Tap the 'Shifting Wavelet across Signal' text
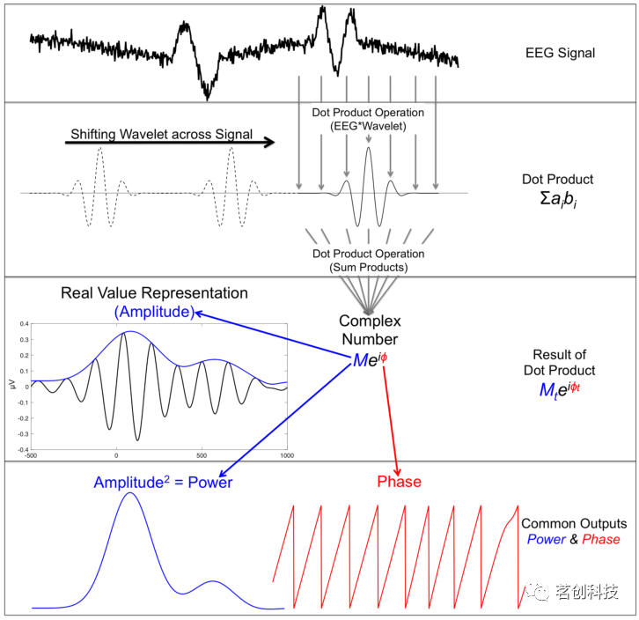click(162, 135)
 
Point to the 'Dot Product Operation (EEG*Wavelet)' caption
click(368, 120)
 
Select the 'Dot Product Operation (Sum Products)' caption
click(368, 261)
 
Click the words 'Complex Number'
click(369, 331)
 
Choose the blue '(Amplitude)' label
click(154, 312)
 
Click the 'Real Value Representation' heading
click(154, 293)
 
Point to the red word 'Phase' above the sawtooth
click(399, 482)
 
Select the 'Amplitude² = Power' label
click(164, 483)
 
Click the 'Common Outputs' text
click(568, 522)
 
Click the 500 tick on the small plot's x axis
click(201, 455)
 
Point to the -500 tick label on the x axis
click(32, 455)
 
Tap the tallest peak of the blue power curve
click(130, 493)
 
